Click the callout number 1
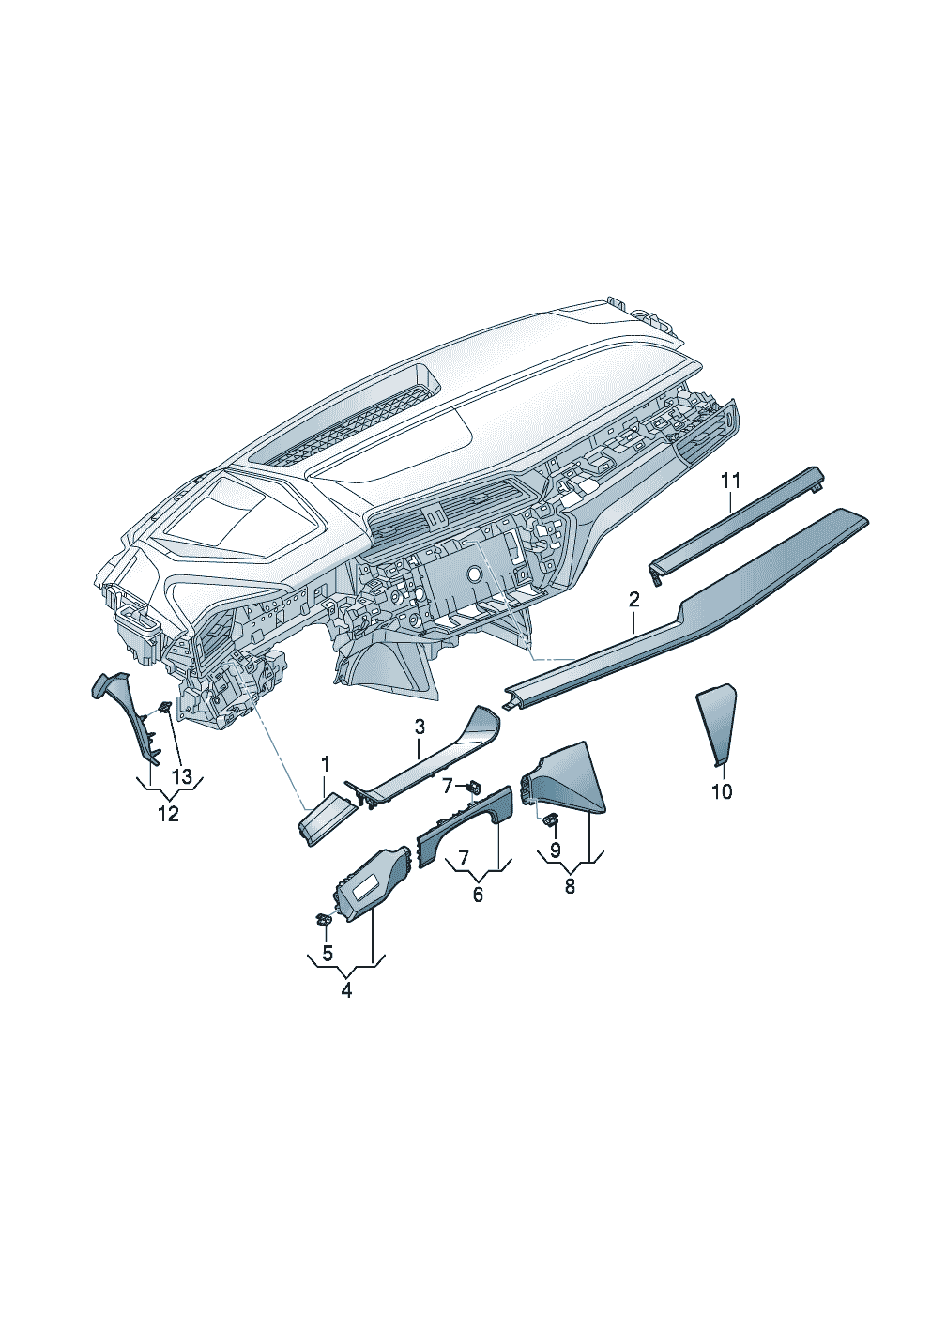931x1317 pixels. [325, 765]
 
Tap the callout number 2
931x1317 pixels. [633, 600]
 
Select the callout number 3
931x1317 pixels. [420, 727]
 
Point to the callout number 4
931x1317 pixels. [346, 990]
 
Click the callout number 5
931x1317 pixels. [328, 953]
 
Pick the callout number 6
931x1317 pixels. [478, 896]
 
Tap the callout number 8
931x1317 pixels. [570, 886]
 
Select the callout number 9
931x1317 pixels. [556, 850]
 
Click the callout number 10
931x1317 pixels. [722, 792]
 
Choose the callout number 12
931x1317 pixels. [169, 814]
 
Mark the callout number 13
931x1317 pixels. [182, 776]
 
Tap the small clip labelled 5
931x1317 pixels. [323, 920]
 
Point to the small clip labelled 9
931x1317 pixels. [550, 819]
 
